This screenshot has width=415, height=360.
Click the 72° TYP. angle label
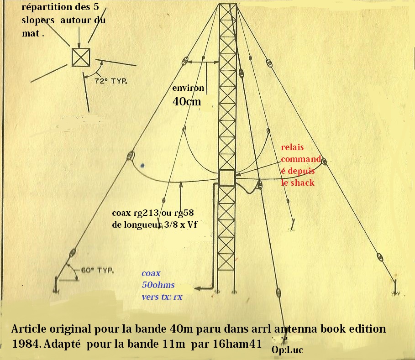pos(111,81)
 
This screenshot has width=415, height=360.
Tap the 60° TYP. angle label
pos(97,271)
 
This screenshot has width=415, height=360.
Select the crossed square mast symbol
pos(81,57)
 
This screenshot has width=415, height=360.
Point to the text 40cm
pos(187,101)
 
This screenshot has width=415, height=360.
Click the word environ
pos(188,88)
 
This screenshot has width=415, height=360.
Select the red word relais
pos(292,147)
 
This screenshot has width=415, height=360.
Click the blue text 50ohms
pos(158,285)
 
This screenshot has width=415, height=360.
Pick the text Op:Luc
pos(287,350)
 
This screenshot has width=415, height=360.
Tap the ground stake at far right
pos(395,287)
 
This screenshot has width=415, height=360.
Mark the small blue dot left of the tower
pos(142,166)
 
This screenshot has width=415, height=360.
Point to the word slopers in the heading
pos(38,21)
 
